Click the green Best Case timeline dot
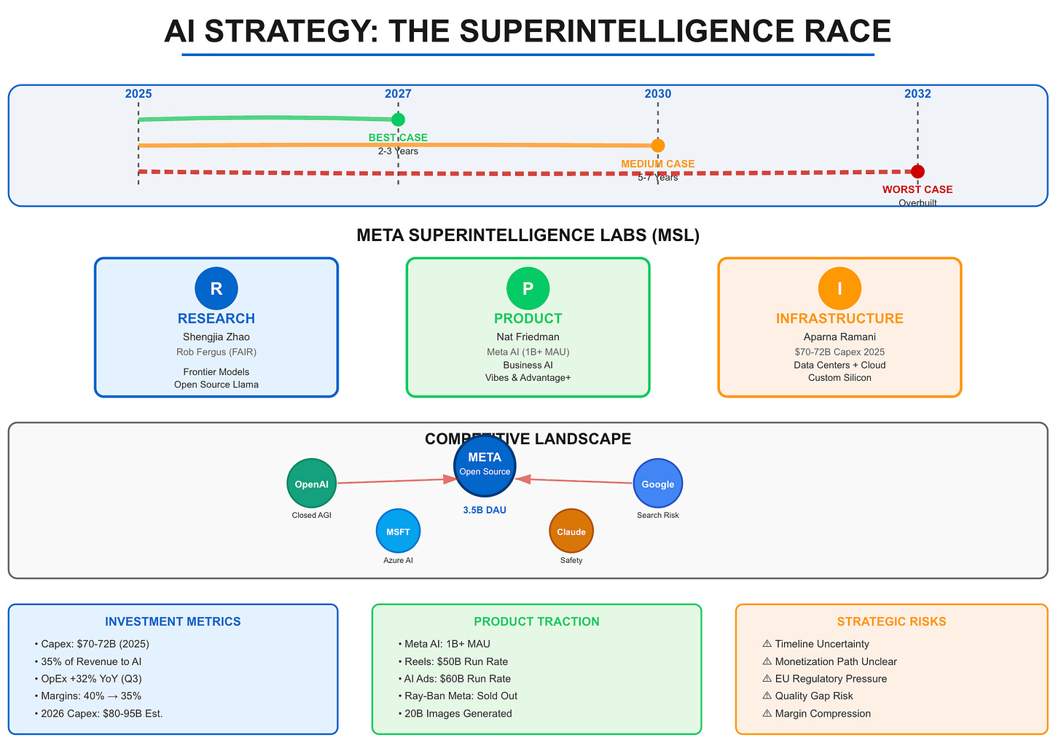[398, 119]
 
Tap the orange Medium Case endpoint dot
[658, 146]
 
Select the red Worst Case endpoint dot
[917, 172]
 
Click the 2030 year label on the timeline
[658, 94]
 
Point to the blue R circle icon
[216, 288]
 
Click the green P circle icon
[528, 288]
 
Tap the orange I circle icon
[839, 288]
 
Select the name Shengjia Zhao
[216, 337]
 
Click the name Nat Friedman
[528, 337]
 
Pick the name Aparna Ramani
[839, 337]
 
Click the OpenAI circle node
[312, 484]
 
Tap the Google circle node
[658, 484]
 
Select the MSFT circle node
[398, 531]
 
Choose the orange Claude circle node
[571, 531]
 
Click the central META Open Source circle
[485, 465]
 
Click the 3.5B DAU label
[485, 511]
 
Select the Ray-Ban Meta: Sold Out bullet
[461, 696]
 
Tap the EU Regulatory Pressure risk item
[831, 679]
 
